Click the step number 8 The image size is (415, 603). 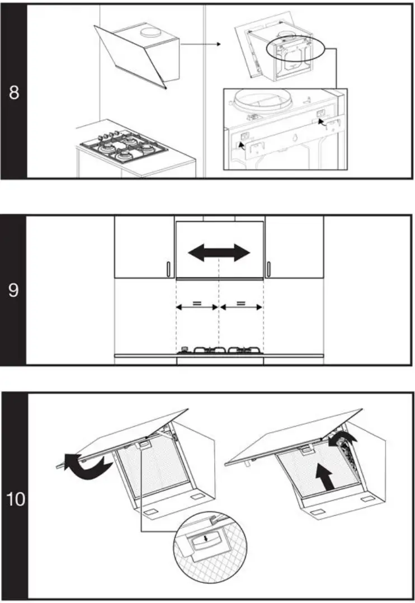14,92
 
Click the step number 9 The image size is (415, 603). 14,290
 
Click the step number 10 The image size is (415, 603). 16,498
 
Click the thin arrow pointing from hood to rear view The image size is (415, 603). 201,43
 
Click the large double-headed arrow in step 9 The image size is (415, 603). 219,253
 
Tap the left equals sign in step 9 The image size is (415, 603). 197,304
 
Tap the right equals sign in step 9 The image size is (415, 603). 241,304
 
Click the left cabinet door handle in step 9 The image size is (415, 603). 168,270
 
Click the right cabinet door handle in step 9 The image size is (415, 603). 269,270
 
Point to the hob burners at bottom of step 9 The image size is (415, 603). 219,350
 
